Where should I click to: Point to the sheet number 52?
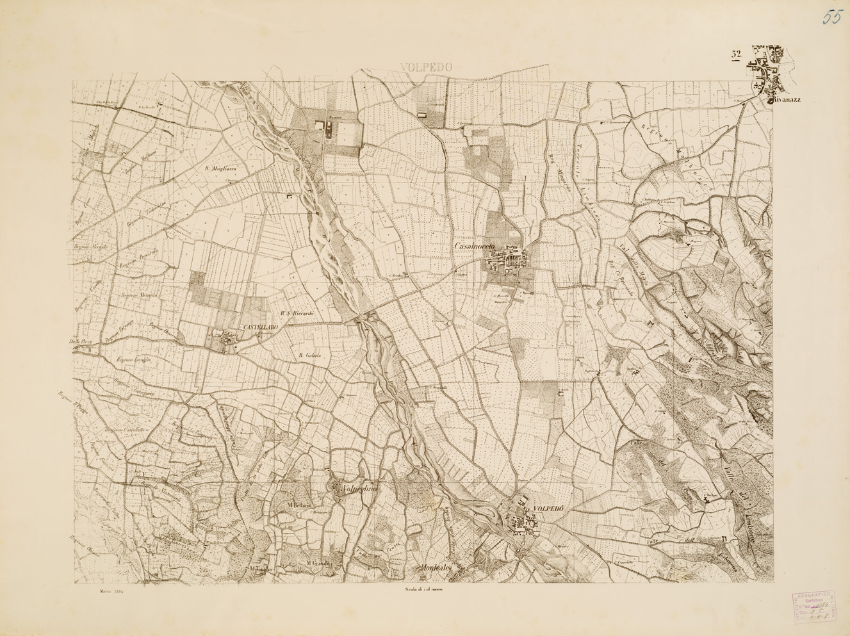coord(736,54)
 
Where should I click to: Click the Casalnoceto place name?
coord(480,247)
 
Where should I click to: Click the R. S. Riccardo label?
coord(297,313)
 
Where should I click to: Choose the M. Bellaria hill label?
coord(299,506)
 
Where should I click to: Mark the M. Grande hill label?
coord(318,564)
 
